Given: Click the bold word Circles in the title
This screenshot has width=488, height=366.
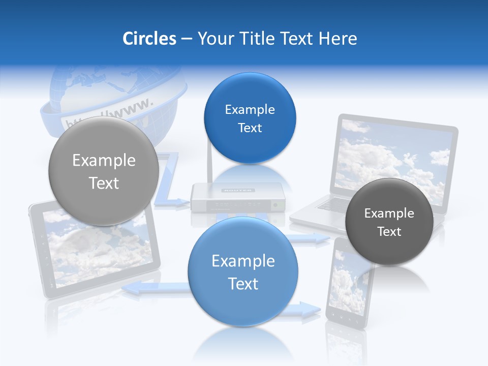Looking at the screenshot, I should tap(149, 39).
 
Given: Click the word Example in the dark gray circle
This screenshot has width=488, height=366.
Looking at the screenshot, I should tap(389, 213).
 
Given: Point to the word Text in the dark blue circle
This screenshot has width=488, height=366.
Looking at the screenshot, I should tap(250, 128).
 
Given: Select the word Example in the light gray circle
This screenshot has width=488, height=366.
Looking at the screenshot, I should tap(104, 161).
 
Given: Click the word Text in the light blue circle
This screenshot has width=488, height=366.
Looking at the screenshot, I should tap(243, 284).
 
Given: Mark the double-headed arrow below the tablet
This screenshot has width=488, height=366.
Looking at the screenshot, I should tap(152, 288).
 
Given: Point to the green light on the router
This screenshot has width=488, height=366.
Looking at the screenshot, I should tap(276, 205).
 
